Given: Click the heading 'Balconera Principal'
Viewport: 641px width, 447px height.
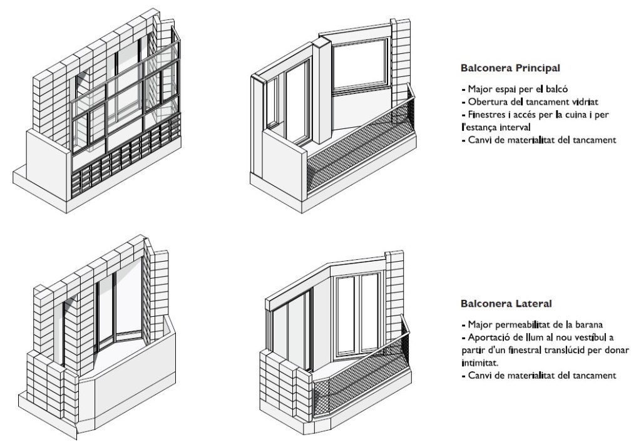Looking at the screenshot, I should pyautogui.click(x=510, y=67).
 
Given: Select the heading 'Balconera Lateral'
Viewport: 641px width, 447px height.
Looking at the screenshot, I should pyautogui.click(x=506, y=304).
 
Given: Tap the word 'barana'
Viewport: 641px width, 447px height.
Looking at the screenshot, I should pyautogui.click(x=588, y=325).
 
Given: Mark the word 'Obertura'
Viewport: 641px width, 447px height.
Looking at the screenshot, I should pyautogui.click(x=486, y=102).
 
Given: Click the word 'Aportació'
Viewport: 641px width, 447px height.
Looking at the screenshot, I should pyautogui.click(x=489, y=337).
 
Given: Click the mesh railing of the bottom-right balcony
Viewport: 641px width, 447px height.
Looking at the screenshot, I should pyautogui.click(x=357, y=388).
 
